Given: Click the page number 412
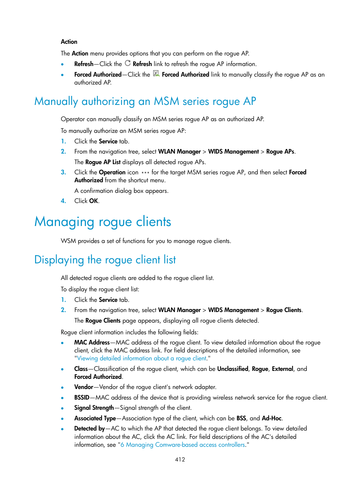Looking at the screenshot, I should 180,459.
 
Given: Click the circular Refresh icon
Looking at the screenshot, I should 128,63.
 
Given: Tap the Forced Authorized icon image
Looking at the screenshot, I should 156,74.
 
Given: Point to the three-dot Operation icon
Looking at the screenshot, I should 145,172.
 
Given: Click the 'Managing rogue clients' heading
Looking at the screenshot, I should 103,221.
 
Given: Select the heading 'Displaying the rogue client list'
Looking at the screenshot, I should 105,260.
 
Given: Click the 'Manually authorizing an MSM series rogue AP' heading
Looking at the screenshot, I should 145,101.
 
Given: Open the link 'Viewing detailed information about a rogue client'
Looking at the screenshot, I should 142,358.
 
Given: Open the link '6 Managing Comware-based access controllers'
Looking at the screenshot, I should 183,445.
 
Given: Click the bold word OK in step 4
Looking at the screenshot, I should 94,201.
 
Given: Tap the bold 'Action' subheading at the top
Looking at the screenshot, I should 69,42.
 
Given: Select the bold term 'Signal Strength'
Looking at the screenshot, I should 94,408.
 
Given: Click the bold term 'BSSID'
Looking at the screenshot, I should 82,398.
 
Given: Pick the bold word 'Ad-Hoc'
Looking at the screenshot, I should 272,418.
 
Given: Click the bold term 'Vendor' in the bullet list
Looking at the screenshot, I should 84,387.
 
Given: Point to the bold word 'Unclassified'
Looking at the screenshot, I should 232,369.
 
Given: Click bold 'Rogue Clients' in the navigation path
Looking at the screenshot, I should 284,310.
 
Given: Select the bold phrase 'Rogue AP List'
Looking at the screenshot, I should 103,162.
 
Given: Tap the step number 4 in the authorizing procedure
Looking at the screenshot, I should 63,201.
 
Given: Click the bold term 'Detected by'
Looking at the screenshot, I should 89,429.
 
